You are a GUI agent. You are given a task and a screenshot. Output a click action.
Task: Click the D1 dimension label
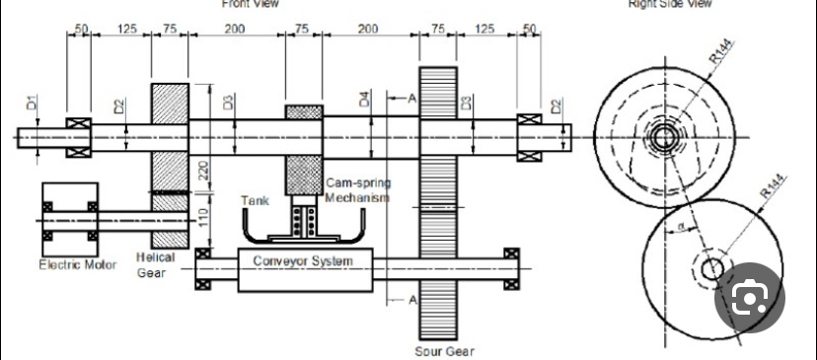[31, 102]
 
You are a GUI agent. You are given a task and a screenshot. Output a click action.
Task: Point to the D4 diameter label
[363, 100]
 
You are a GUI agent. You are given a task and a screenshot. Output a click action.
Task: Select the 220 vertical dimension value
[203, 174]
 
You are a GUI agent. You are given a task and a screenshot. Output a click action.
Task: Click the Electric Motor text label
[76, 264]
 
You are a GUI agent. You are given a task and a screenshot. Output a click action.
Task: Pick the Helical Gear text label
[155, 264]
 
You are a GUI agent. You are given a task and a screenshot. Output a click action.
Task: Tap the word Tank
[255, 201]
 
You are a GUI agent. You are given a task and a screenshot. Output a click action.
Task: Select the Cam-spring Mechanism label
[357, 190]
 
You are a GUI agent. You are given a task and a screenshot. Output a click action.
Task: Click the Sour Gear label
[444, 351]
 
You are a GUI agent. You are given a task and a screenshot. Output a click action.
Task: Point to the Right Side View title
[671, 4]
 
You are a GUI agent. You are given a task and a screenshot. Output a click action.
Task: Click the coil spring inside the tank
[303, 221]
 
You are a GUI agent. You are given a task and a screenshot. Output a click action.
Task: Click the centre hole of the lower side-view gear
[711, 268]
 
